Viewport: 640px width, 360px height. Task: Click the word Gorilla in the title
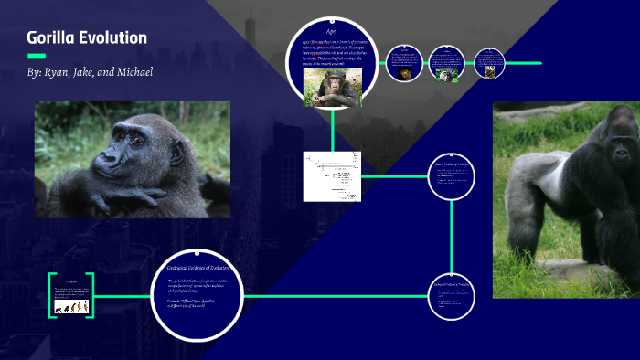(x=53, y=38)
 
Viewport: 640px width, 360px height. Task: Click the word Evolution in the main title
(x=114, y=38)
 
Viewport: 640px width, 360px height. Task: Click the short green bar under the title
(x=37, y=56)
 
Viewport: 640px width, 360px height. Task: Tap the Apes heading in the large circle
(x=332, y=32)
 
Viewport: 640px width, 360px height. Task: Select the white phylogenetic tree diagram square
(x=332, y=175)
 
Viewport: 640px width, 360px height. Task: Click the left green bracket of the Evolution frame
(x=51, y=295)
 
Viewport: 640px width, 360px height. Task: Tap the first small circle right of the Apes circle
(x=402, y=63)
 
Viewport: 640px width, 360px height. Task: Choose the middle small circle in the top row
(x=447, y=63)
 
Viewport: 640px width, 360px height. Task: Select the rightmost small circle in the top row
(x=491, y=63)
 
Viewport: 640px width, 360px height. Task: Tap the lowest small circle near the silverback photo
(x=453, y=294)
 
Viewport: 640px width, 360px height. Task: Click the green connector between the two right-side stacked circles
(x=453, y=235)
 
